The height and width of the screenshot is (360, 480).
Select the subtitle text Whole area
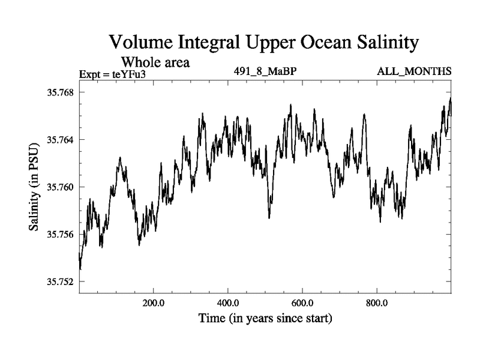coord(156,62)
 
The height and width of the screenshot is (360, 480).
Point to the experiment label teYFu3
coord(128,74)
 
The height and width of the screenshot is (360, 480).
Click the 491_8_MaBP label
coord(266,72)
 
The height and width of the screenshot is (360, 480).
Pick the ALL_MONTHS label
coord(414,72)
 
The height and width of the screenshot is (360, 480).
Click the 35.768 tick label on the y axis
coord(57,92)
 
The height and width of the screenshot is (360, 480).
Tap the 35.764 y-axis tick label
coord(57,140)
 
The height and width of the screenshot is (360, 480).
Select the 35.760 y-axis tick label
coord(57,187)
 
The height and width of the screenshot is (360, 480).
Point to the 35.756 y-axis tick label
coord(57,234)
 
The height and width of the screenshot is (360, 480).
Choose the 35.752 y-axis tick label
coord(57,281)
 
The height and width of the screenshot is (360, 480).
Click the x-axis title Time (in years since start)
coord(265,318)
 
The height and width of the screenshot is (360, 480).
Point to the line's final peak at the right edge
coord(450,98)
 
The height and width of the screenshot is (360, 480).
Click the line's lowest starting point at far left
coord(80,269)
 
